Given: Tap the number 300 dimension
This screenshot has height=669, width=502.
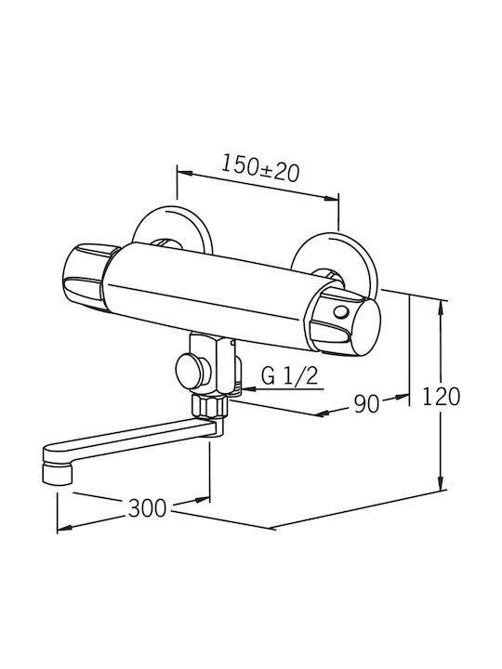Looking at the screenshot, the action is click(147, 508).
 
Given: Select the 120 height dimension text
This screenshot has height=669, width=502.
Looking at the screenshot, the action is click(441, 397).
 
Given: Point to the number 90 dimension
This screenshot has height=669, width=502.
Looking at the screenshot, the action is click(366, 403).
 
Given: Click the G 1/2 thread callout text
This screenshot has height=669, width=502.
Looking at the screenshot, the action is click(290, 376).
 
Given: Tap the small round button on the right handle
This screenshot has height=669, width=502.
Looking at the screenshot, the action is click(341, 313).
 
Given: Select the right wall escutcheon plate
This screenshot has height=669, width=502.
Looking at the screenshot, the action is click(335, 260).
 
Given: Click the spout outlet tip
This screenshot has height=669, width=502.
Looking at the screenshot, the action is click(57, 475).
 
